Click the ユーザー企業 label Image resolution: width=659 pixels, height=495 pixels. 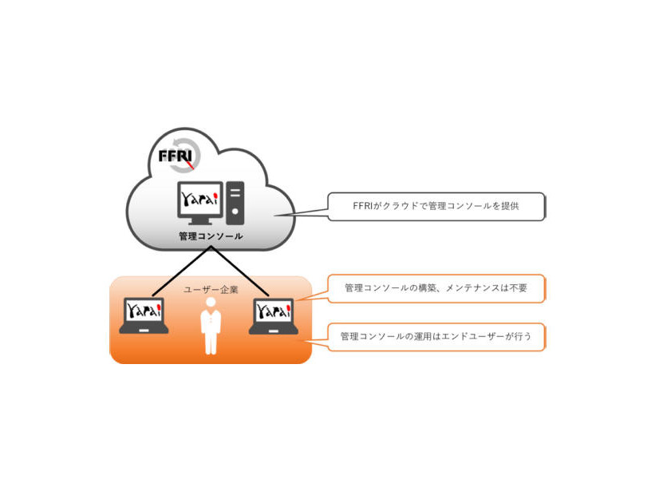(211, 290)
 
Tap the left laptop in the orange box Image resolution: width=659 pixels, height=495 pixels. (144, 316)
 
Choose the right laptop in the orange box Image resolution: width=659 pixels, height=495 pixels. (273, 316)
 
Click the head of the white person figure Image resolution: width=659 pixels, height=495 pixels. (211, 306)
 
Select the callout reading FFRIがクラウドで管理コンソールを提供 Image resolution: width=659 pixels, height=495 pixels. (436, 206)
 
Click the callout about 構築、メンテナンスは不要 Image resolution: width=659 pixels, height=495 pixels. (436, 288)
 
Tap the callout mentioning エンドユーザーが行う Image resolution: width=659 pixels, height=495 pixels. (436, 337)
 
